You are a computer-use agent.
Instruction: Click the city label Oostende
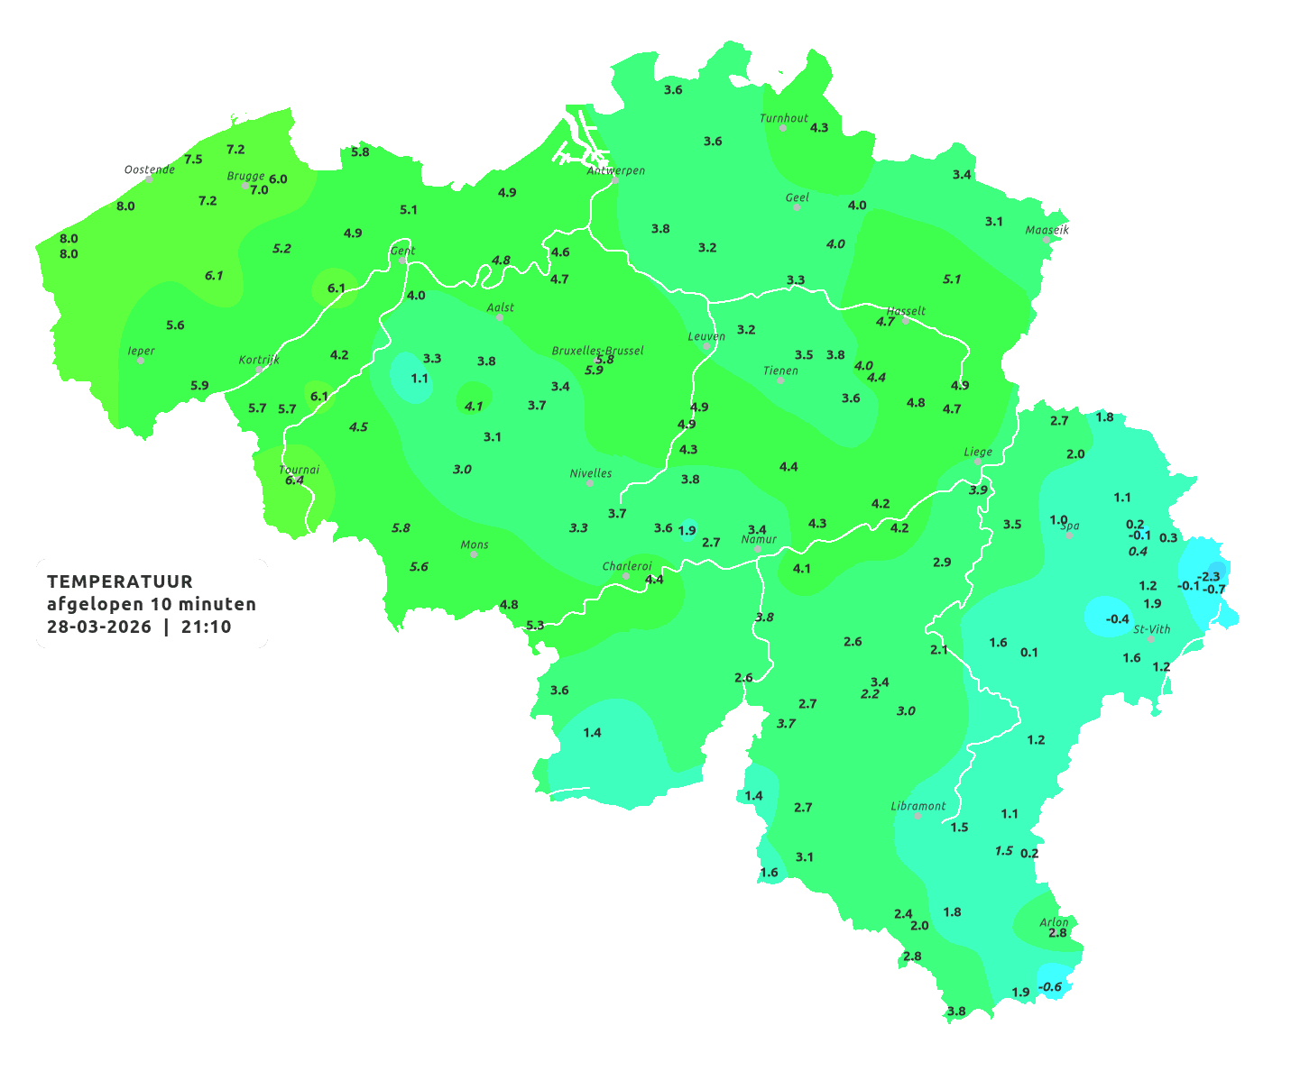150,169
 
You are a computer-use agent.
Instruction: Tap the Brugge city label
245,177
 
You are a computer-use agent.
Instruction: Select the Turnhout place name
784,118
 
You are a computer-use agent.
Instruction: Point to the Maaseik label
1047,230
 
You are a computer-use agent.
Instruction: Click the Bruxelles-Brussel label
598,350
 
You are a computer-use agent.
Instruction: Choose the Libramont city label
918,806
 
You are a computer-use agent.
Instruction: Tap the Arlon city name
1054,922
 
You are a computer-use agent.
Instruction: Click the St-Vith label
1152,629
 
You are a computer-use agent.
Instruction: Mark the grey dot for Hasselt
906,320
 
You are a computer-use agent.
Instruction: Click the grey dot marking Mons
474,554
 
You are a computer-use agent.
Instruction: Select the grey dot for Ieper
141,361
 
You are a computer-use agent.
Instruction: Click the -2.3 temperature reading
1208,576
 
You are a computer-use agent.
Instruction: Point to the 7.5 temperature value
193,160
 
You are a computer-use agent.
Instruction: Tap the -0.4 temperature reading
1117,618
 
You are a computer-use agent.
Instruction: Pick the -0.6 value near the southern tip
1050,987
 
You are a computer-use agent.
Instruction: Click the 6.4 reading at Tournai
294,481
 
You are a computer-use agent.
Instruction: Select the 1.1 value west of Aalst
420,379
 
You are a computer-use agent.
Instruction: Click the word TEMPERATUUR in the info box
120,581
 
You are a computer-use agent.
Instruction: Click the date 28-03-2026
99,627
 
